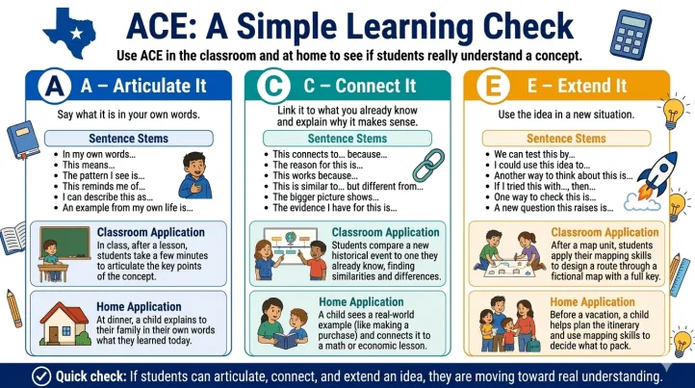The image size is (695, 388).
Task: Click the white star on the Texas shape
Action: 77,34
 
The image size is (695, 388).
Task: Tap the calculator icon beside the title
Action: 630,34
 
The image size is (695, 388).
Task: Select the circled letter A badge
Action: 55,86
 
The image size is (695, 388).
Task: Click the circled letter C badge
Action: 273,86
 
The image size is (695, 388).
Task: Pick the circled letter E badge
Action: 493,86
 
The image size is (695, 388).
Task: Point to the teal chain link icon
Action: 428,166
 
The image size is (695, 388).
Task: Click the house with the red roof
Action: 64,323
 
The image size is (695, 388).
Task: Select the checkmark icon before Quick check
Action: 41,376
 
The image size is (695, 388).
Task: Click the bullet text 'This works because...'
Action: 315,175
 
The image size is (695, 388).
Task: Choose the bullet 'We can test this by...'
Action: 534,154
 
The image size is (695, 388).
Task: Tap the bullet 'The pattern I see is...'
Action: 103,175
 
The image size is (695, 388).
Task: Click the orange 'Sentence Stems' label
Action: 566,139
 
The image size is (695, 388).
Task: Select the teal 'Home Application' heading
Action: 361,302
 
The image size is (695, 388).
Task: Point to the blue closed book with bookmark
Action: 23,140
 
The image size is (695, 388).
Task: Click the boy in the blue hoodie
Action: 195,175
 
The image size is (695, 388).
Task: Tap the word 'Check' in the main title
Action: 528,27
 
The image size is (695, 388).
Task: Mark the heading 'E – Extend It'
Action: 577,86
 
